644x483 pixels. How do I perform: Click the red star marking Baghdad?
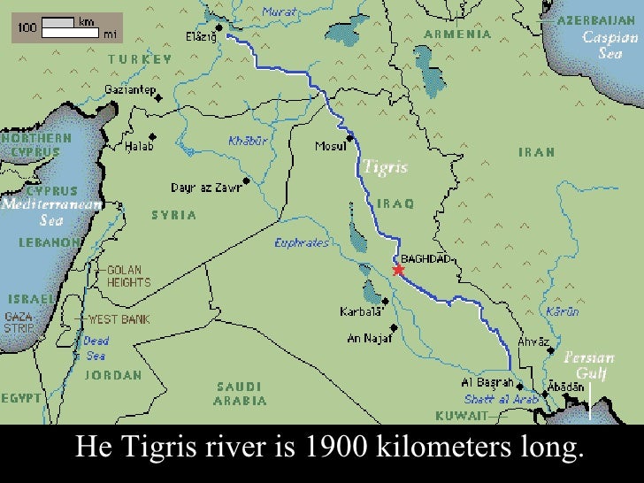click(x=398, y=270)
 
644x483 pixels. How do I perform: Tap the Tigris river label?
click(x=385, y=167)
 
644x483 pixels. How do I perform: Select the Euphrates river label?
click(x=302, y=242)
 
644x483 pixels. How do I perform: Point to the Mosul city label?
click(x=330, y=146)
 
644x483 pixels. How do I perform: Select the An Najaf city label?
click(x=367, y=337)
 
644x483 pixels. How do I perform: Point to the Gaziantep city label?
click(x=130, y=90)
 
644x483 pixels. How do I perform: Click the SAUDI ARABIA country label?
click(x=240, y=394)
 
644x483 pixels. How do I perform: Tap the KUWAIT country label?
click(x=461, y=415)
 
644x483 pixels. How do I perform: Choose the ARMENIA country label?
click(x=457, y=34)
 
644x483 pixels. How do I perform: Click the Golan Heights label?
click(x=128, y=276)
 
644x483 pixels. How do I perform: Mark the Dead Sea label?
click(x=96, y=349)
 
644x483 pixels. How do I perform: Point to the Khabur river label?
click(x=247, y=140)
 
